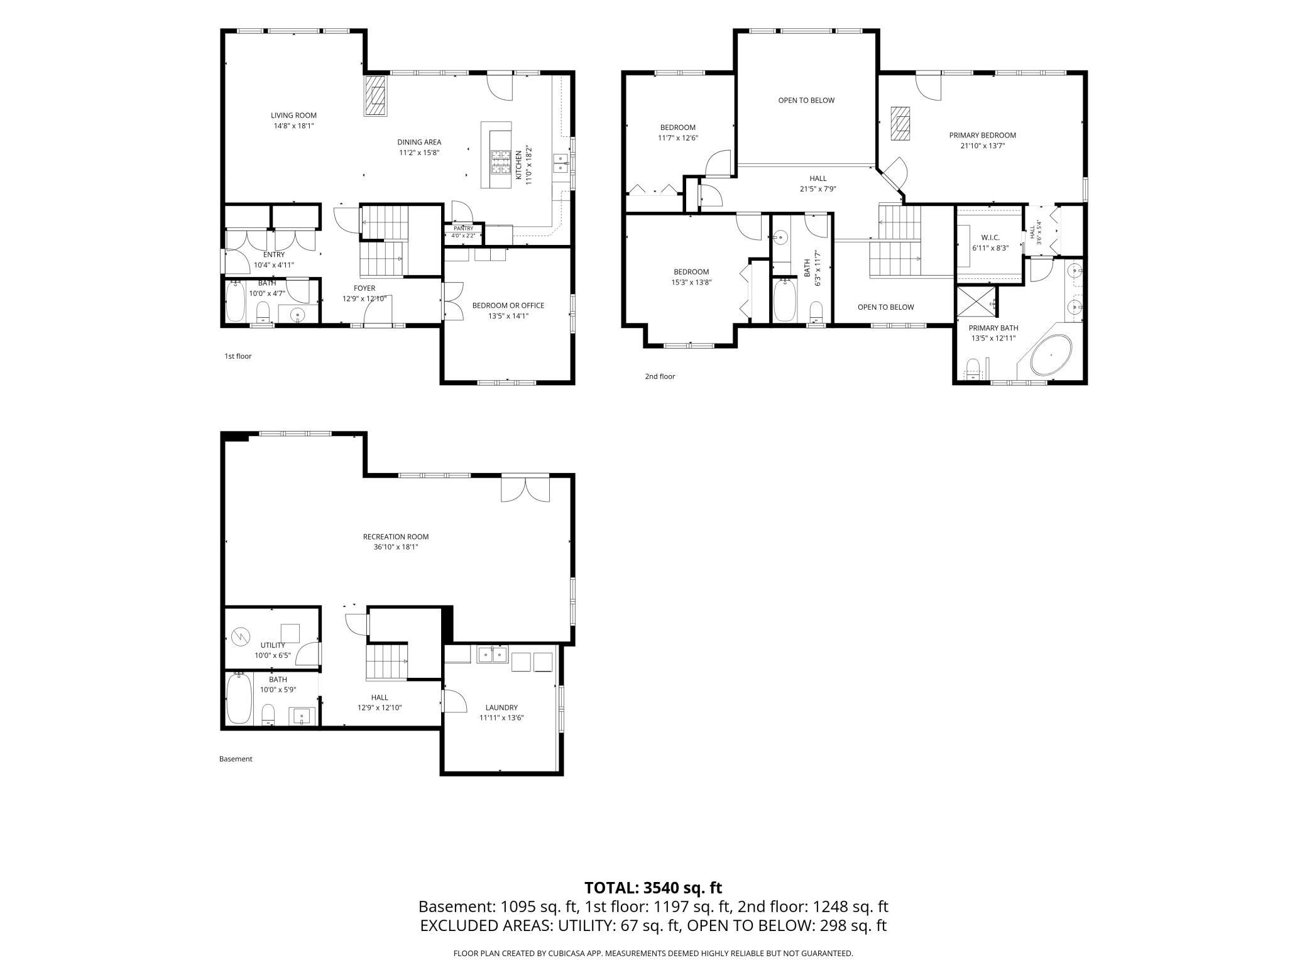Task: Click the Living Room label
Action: [293, 116]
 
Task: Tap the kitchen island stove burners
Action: [501, 162]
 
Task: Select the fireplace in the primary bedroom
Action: [901, 124]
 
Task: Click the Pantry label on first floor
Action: [464, 229]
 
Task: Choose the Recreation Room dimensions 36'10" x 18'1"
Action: [396, 547]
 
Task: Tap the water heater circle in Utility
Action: [240, 637]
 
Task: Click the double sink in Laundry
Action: [493, 655]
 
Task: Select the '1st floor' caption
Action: [238, 356]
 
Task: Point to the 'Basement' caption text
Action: [236, 759]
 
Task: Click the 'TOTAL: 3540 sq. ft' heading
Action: [653, 888]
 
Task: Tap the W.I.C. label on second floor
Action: [990, 237]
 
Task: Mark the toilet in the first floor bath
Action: [263, 312]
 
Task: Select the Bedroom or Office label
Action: [508, 305]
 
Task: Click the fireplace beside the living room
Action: [376, 95]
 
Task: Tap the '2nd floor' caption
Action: [660, 376]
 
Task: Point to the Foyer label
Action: [364, 288]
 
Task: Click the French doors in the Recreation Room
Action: [525, 489]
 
